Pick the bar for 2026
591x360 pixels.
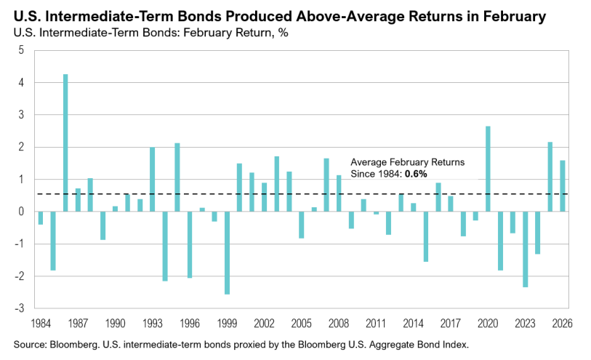[x=562, y=186]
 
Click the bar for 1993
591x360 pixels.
[x=153, y=179]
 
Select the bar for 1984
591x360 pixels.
[x=41, y=217]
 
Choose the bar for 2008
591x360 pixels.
[x=339, y=193]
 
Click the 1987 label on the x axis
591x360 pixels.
[x=79, y=322]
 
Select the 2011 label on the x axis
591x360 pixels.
[x=376, y=322]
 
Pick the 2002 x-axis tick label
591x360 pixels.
[x=265, y=322]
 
